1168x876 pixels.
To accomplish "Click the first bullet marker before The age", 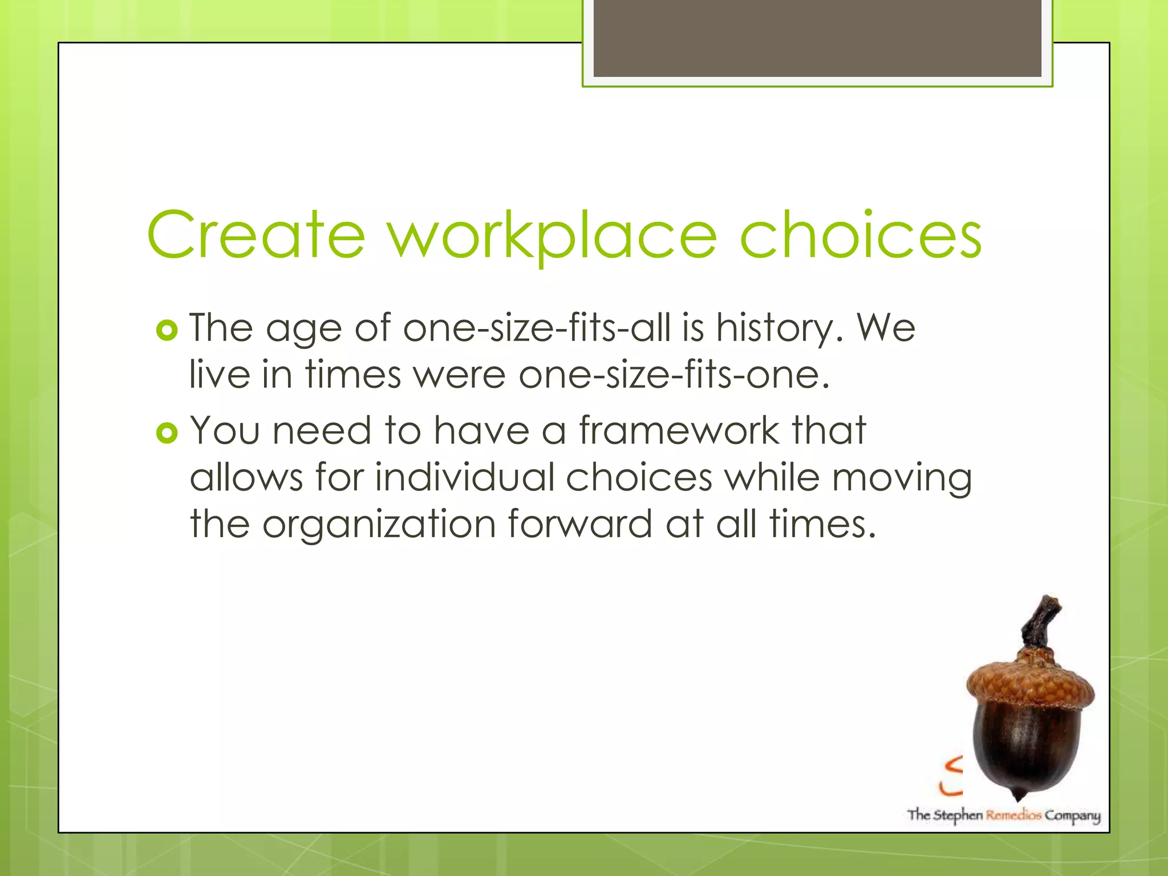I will pyautogui.click(x=167, y=330).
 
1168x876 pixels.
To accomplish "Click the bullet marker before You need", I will pyautogui.click(x=167, y=433).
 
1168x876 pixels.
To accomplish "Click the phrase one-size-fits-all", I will pyautogui.click(x=537, y=328).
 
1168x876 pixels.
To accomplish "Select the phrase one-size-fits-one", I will pyautogui.click(x=673, y=375).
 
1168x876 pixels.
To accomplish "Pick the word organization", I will pyautogui.click(x=379, y=524).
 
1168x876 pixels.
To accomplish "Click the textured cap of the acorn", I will pyautogui.click(x=1030, y=681).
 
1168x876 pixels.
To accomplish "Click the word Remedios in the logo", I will pyautogui.click(x=1013, y=815).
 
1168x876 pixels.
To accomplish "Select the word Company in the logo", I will pyautogui.click(x=1072, y=816).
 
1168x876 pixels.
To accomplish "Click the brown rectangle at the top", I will pyautogui.click(x=817, y=38).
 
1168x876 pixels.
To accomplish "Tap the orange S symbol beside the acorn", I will pyautogui.click(x=952, y=776).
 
